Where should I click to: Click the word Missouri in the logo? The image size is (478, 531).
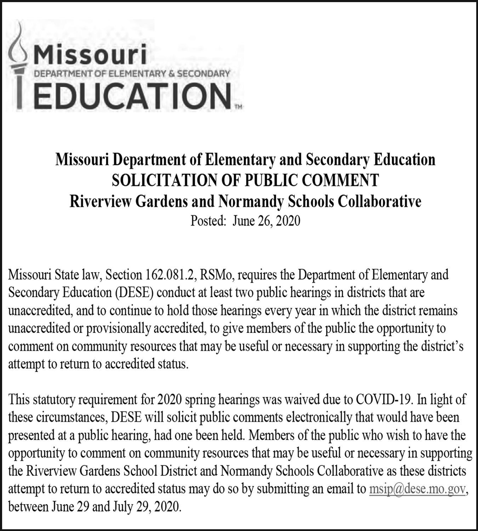pos(91,55)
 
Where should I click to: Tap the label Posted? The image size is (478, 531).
pos(208,221)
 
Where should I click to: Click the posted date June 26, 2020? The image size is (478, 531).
pos(266,221)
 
